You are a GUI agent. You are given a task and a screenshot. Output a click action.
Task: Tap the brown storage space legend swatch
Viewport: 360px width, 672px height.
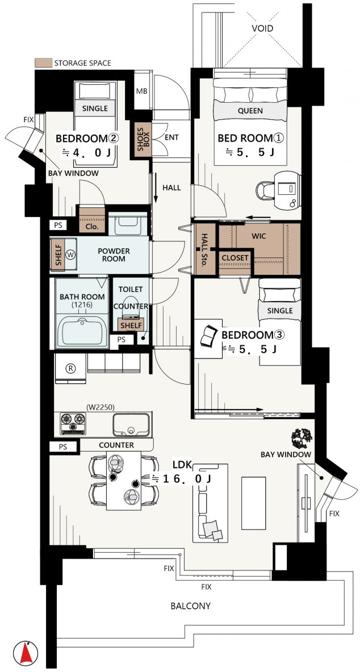43,63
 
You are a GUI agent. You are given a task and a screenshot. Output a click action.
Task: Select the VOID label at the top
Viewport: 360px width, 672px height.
263,29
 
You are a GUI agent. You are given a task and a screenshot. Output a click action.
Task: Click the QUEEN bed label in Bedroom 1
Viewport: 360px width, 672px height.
250,111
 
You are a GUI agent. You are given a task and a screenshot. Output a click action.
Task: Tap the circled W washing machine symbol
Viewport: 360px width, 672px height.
71,254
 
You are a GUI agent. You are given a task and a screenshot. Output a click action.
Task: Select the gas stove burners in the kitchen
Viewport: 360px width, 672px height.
73,423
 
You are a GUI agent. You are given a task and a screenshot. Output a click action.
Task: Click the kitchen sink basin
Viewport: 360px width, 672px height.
131,425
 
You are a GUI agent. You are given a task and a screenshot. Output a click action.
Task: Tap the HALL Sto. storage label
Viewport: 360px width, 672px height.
204,249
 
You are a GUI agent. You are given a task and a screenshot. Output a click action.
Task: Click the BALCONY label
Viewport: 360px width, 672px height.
191,606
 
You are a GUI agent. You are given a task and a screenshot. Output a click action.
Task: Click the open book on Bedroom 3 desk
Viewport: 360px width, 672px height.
210,336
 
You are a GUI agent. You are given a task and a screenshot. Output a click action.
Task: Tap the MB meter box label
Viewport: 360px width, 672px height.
141,91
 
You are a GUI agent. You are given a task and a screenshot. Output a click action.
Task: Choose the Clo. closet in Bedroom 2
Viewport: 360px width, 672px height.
92,220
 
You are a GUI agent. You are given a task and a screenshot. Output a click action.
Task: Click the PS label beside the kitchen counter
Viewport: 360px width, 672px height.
63,446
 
